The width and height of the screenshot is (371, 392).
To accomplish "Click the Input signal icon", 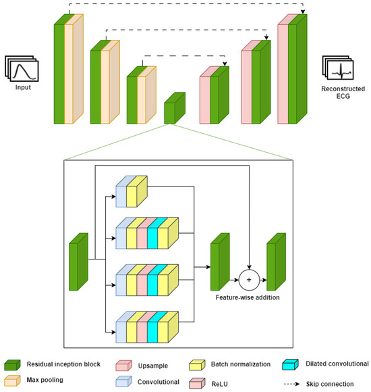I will click(x=23, y=69).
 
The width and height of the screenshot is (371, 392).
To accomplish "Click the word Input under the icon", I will click(x=23, y=87).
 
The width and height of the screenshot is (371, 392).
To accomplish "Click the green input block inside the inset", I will click(x=78, y=262).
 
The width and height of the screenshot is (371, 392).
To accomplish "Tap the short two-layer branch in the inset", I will click(x=131, y=191).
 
